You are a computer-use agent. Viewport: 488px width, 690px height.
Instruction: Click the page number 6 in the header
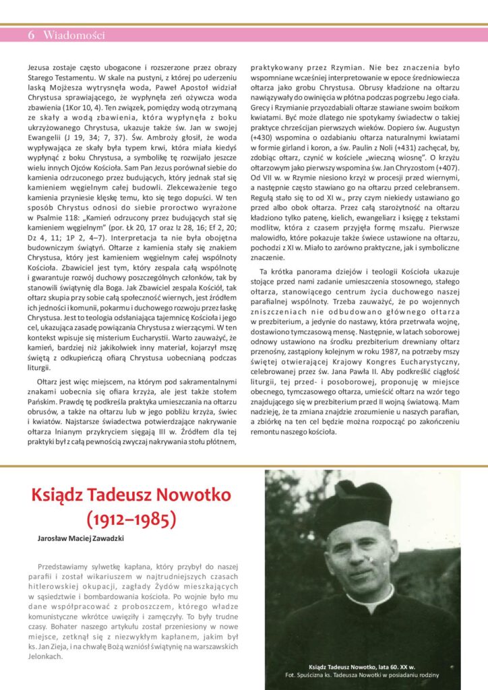(31, 35)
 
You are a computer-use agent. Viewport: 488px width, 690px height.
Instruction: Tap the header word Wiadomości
(74, 35)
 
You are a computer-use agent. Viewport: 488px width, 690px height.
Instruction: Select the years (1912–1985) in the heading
(131, 519)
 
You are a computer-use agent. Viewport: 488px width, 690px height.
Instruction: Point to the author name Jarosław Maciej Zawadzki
(81, 539)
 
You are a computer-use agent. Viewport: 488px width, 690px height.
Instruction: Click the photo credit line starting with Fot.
(361, 675)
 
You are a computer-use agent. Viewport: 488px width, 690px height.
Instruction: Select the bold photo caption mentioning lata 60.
(361, 666)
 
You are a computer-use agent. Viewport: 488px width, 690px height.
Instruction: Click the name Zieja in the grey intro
(58, 646)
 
